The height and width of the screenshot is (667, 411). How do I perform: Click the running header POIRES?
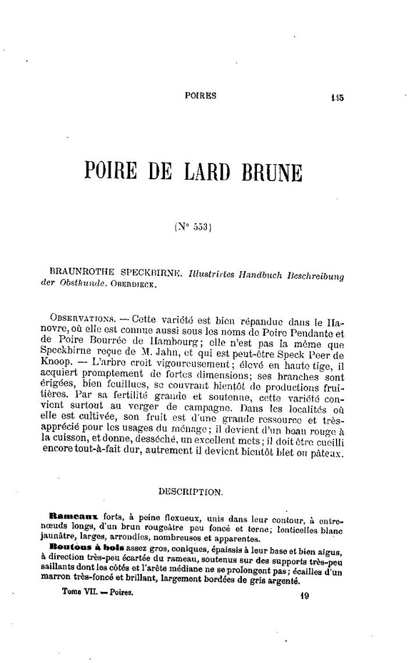[x=199, y=96]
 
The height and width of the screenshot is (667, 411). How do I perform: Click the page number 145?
[x=335, y=98]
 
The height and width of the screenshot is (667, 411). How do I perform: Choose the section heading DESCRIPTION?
[x=191, y=491]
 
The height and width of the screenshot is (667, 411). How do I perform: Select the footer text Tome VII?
[x=77, y=590]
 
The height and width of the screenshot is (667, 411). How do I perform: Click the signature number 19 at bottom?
[x=303, y=595]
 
